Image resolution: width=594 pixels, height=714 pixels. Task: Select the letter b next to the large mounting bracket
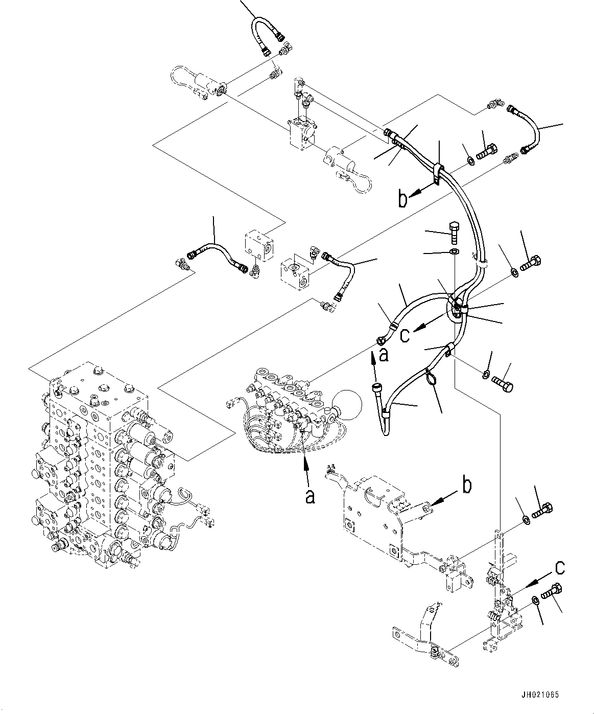[x=467, y=486]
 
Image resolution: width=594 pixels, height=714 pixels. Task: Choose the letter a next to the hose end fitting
[x=384, y=355]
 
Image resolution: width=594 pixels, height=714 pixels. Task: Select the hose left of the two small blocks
[x=217, y=251]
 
